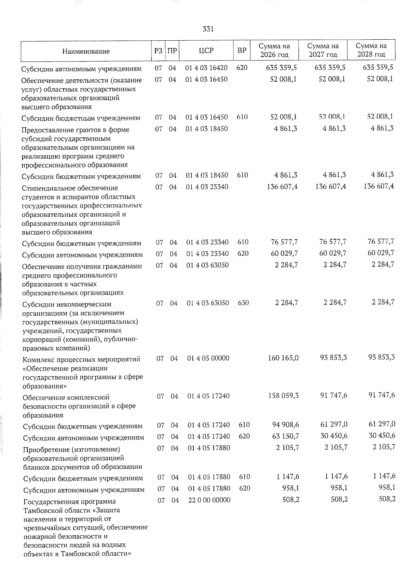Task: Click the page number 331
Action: point(208,29)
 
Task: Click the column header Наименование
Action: point(86,51)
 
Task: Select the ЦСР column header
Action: point(206,51)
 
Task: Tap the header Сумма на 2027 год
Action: point(323,50)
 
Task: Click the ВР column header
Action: point(242,51)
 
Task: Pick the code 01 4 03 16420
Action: point(206,68)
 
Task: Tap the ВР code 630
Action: point(243,303)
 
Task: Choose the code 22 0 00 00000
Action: point(209,500)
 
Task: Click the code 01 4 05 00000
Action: point(208,358)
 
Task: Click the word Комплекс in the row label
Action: point(37,360)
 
